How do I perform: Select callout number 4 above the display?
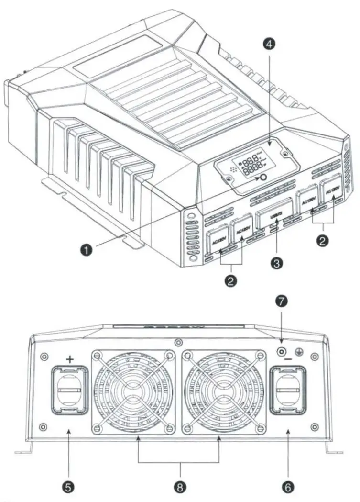point(270,45)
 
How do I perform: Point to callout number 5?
point(68,487)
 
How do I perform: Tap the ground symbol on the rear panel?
point(300,351)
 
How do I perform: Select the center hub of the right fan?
point(223,390)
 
